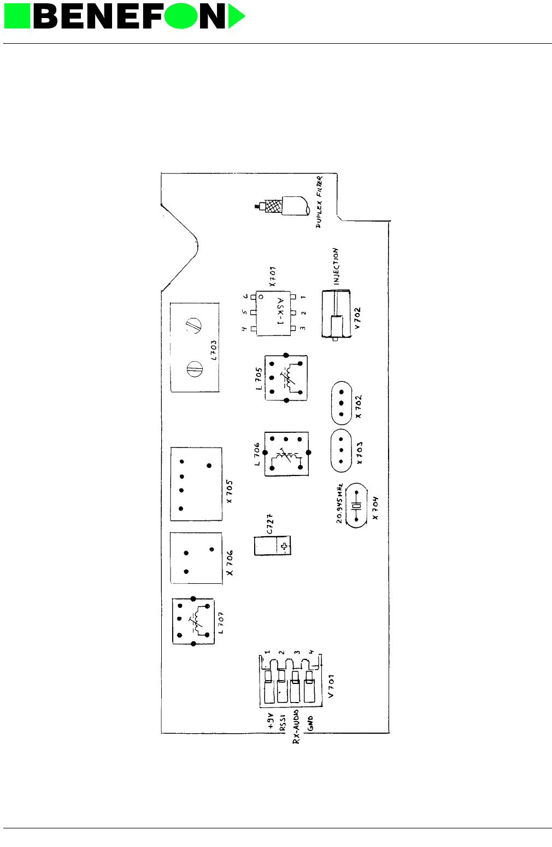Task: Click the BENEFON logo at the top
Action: point(125,16)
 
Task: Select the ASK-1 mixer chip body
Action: point(273,312)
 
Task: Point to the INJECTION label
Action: point(336,266)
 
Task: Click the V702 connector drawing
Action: point(336,315)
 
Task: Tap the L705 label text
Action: point(259,378)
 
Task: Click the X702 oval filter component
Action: point(341,403)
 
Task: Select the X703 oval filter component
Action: point(341,450)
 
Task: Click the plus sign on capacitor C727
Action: point(284,546)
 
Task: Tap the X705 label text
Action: point(230,492)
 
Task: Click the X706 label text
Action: point(230,562)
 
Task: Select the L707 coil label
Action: point(220,622)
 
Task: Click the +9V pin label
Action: point(271,723)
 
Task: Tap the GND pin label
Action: point(310,723)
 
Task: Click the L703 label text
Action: point(214,350)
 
